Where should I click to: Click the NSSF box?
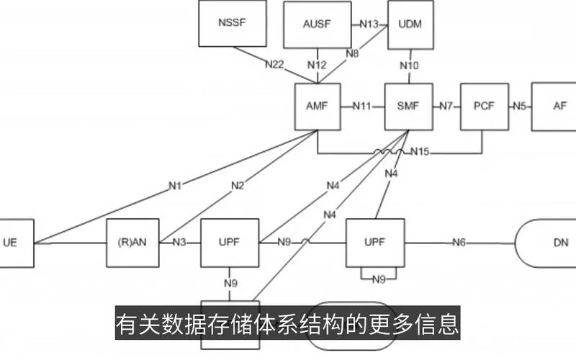[233, 23]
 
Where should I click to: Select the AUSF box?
[318, 24]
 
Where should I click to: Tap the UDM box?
[410, 24]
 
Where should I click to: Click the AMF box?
[318, 107]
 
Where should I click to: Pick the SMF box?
[408, 107]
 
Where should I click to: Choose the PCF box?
[485, 107]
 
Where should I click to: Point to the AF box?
[554, 107]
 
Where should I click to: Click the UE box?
[17, 243]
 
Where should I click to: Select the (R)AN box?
[132, 243]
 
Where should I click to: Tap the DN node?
[546, 243]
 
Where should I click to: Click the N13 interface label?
[369, 24]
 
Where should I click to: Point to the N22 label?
[274, 64]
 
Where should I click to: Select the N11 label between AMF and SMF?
[362, 106]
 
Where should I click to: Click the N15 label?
[420, 151]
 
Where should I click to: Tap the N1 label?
[175, 186]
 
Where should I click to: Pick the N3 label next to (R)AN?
[179, 243]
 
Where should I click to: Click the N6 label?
[459, 243]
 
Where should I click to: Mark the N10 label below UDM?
[409, 66]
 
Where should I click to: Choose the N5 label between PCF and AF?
[520, 106]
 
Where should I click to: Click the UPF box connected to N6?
[375, 243]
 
